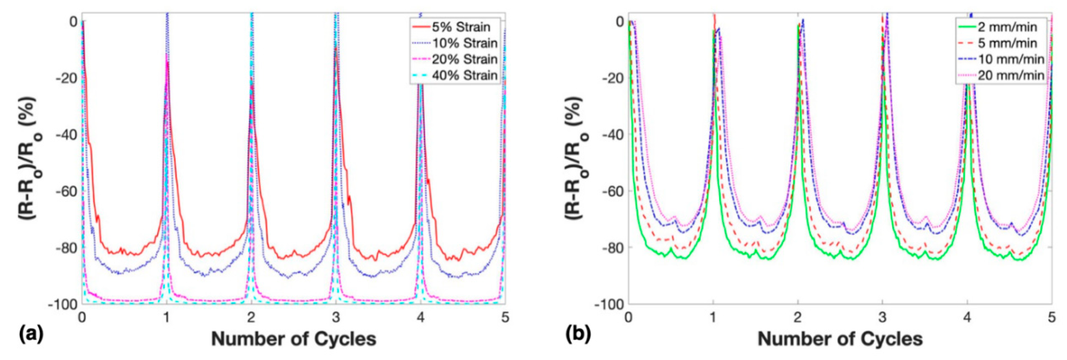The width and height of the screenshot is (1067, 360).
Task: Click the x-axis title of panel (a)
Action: click(294, 339)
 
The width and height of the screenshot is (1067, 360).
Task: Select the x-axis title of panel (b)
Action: click(840, 339)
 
